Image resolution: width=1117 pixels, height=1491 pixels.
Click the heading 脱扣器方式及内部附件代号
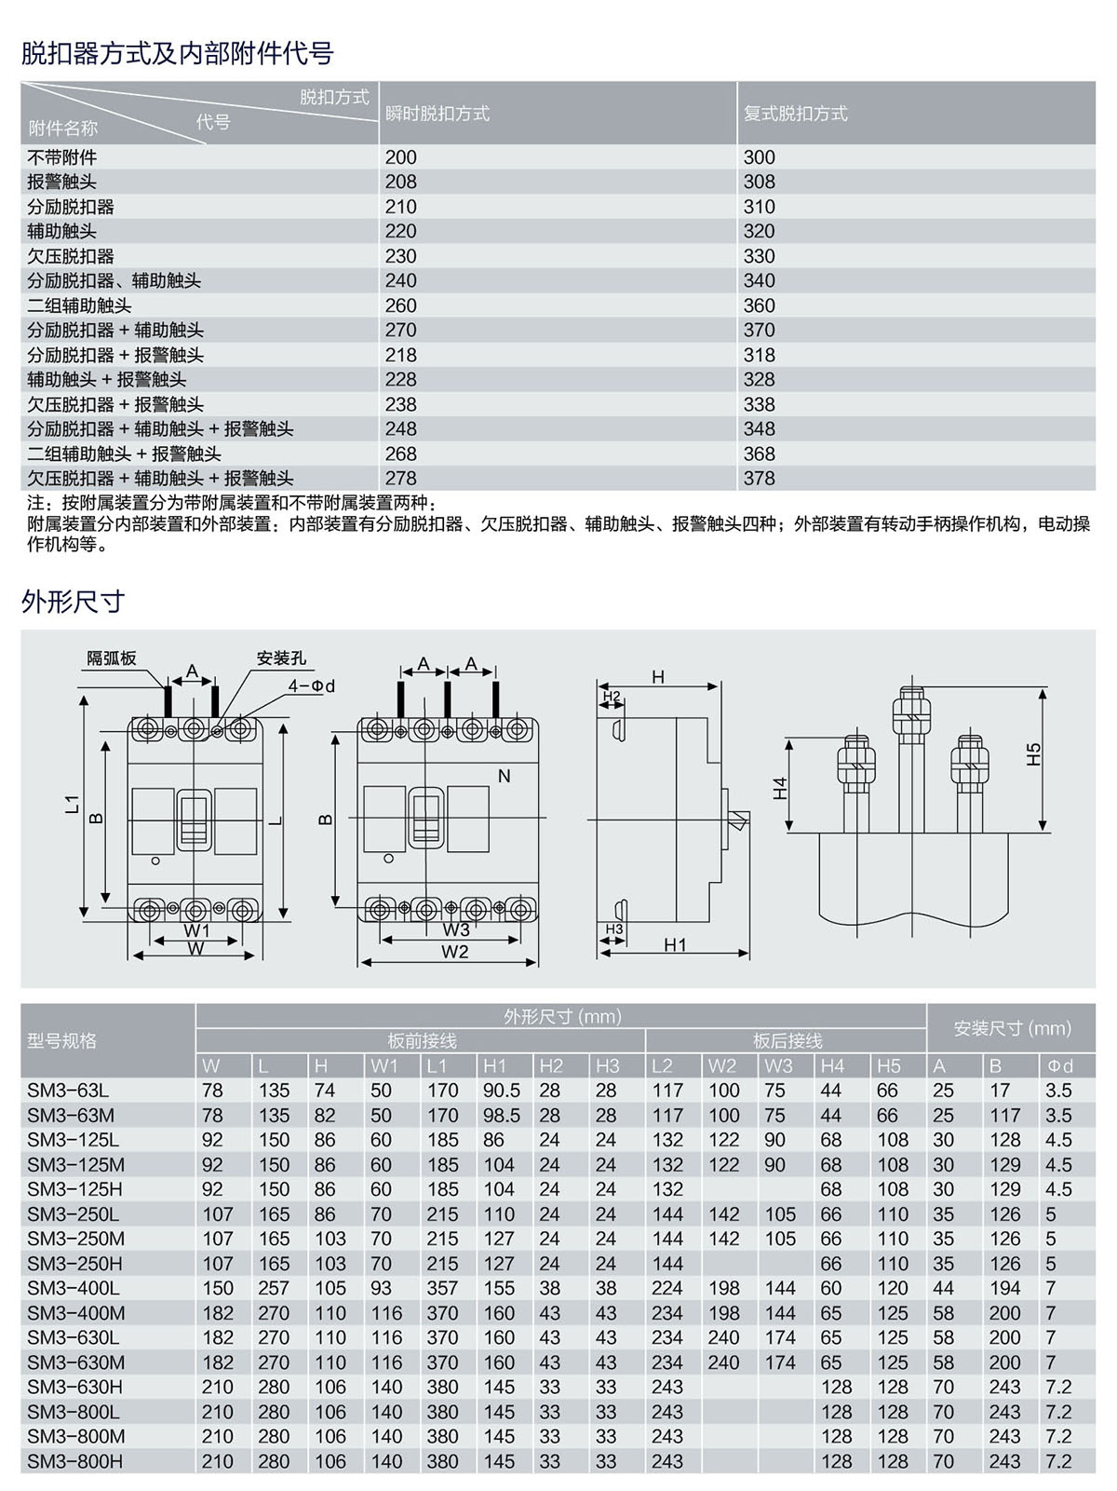tap(177, 53)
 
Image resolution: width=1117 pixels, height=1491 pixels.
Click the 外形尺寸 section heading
tap(73, 602)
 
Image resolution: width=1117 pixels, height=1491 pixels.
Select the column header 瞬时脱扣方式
tap(437, 114)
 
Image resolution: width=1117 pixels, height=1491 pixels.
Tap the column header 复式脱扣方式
tap(795, 114)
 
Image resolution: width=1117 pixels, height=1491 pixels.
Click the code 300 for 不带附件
tap(759, 157)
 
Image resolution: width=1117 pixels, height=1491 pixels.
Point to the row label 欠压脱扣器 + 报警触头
tap(115, 404)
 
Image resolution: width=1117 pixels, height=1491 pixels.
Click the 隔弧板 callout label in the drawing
tap(112, 657)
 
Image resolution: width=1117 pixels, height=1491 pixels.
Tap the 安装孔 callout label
tap(281, 657)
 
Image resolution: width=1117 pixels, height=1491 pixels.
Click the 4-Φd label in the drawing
tap(311, 686)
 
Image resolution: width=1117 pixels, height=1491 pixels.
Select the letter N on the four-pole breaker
tap(505, 776)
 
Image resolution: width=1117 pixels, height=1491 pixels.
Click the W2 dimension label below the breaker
tap(454, 951)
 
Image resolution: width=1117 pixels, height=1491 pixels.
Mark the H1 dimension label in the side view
tap(675, 944)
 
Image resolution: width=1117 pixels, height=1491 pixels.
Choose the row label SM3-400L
tap(74, 1288)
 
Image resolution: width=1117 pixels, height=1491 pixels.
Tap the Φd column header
tap(1058, 1065)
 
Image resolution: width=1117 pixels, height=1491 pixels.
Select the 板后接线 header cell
tap(787, 1040)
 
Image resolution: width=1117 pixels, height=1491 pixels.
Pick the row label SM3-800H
tap(74, 1461)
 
